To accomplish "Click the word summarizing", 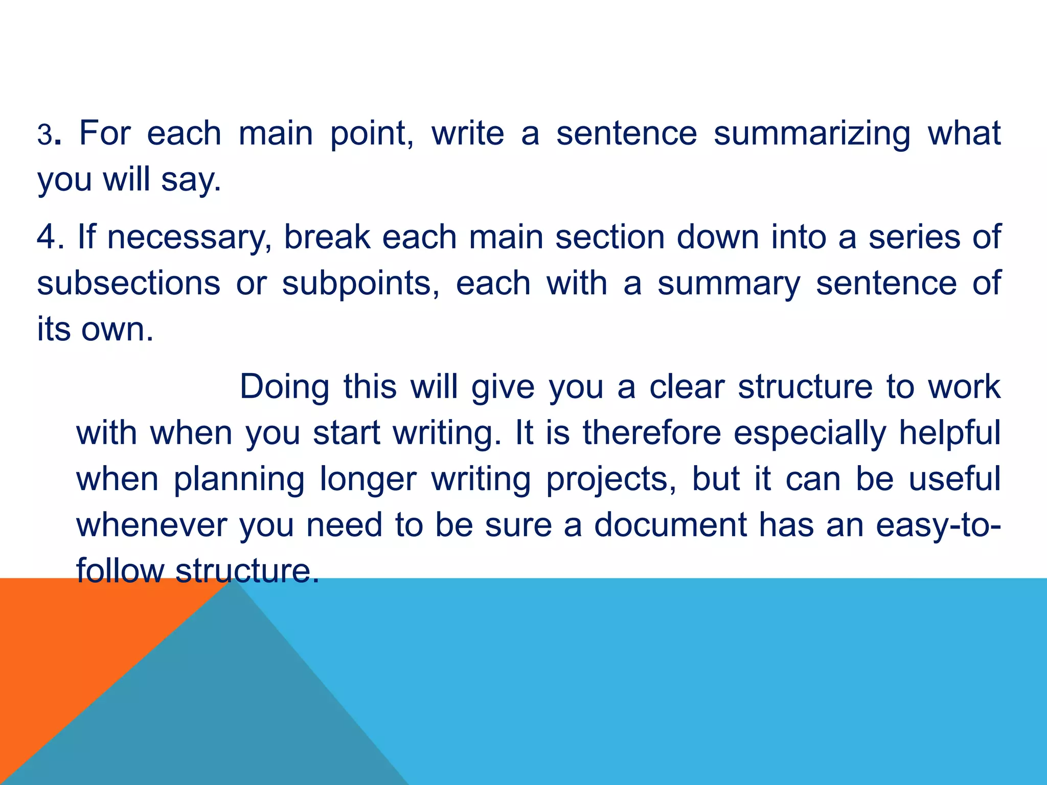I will [x=812, y=134].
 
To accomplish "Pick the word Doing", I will [x=284, y=387].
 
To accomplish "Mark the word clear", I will [x=687, y=386].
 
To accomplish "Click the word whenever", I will [x=151, y=525].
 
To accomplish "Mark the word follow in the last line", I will [x=120, y=571].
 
